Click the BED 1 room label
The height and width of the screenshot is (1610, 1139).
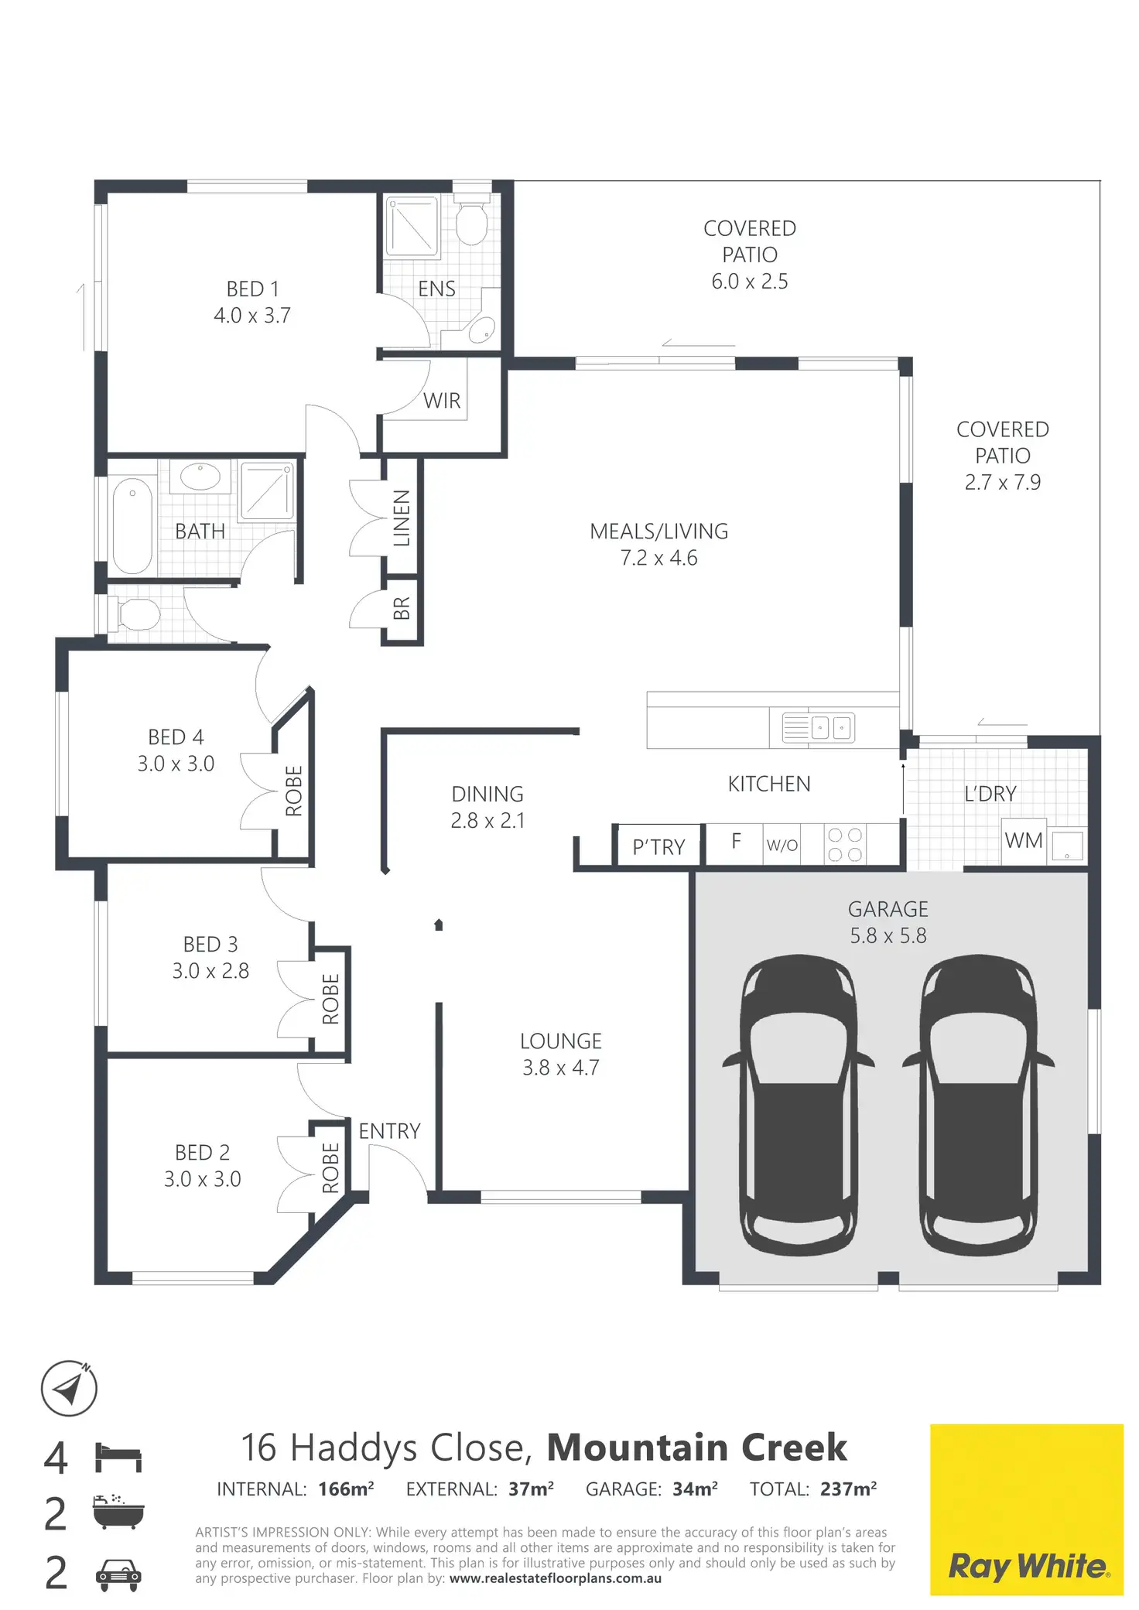252,289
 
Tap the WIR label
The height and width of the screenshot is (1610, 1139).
442,401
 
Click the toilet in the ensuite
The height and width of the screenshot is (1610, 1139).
470,222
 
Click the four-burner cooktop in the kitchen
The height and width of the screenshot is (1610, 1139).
844,844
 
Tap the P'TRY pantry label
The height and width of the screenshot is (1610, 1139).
658,847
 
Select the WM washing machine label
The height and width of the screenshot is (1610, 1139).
1023,840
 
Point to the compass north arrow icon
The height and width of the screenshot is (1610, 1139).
69,1388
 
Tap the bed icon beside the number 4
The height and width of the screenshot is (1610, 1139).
118,1457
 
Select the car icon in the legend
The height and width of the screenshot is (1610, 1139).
118,1574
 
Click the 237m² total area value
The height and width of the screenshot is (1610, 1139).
848,1489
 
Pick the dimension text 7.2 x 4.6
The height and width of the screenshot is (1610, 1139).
658,558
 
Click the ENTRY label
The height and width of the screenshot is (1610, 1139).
389,1131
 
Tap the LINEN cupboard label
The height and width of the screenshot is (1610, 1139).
402,518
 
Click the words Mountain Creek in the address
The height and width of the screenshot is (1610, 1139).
696,1448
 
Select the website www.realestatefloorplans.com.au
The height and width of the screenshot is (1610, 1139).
555,1578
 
